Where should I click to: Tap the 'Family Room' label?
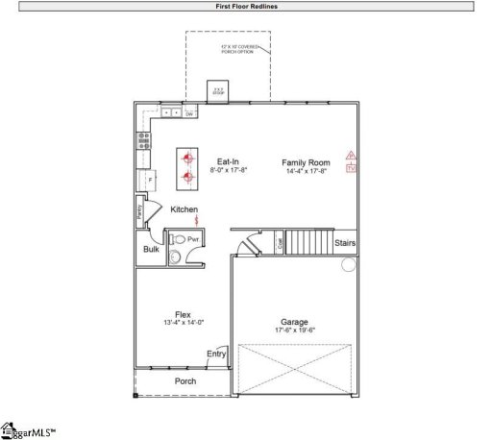click(x=306, y=162)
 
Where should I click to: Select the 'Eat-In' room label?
click(x=228, y=161)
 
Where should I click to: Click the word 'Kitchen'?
click(x=184, y=209)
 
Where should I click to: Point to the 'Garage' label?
click(x=294, y=322)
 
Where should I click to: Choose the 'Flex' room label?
click(x=183, y=314)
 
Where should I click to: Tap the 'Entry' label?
click(x=216, y=354)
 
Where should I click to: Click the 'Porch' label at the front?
click(x=184, y=381)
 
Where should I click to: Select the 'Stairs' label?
click(x=345, y=243)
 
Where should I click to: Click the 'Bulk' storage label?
click(x=151, y=249)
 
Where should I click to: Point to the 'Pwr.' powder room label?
click(x=192, y=238)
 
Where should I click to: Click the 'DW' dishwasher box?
click(x=190, y=114)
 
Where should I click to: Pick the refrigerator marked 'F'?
click(x=149, y=179)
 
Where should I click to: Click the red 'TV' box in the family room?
click(x=351, y=167)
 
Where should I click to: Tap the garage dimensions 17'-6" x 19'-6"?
click(x=294, y=330)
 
